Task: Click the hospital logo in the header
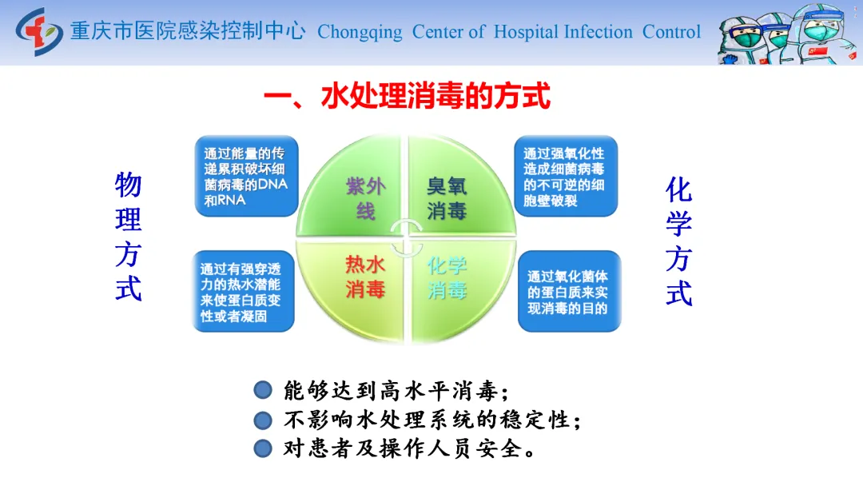pyautogui.click(x=39, y=31)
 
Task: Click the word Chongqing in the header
pyautogui.click(x=360, y=33)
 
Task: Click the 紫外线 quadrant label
pyautogui.click(x=365, y=198)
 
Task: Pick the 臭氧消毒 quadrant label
pyautogui.click(x=447, y=198)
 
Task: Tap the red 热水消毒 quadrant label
pyautogui.click(x=365, y=277)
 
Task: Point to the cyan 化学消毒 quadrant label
pyautogui.click(x=447, y=277)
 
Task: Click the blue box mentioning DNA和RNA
pyautogui.click(x=247, y=176)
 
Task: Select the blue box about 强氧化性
pyautogui.click(x=566, y=176)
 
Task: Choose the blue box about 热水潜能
pyautogui.click(x=243, y=291)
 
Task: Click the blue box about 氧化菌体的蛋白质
pyautogui.click(x=569, y=291)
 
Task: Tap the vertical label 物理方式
pyautogui.click(x=128, y=237)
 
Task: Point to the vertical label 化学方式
pyautogui.click(x=678, y=241)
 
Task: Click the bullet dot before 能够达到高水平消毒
pyautogui.click(x=263, y=390)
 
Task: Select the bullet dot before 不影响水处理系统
pyautogui.click(x=263, y=420)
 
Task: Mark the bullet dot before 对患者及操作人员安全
pyautogui.click(x=263, y=448)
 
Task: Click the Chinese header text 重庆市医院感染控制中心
pyautogui.click(x=188, y=31)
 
